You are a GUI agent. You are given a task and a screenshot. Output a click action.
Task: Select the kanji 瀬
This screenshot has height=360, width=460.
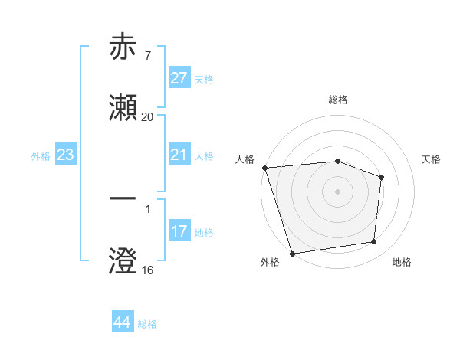(x=123, y=108)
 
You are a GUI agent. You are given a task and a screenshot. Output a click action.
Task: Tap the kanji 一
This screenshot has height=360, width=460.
(x=123, y=198)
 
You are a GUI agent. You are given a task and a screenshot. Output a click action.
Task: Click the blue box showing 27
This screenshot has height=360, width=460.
(x=179, y=79)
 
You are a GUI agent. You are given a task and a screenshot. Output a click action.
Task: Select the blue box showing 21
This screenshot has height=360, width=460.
(x=179, y=155)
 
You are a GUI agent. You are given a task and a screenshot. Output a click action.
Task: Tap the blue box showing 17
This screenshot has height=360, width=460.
(x=179, y=231)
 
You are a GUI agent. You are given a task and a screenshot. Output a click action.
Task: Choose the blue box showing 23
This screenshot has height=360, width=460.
(x=66, y=155)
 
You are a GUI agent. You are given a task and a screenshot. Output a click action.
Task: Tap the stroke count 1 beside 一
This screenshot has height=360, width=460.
(x=147, y=208)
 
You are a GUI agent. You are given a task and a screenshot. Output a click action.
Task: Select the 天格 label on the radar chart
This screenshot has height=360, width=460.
(x=431, y=159)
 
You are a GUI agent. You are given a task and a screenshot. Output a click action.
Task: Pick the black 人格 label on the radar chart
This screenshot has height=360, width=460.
(x=245, y=159)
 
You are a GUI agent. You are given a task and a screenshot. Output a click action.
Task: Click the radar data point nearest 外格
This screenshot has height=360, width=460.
(x=292, y=253)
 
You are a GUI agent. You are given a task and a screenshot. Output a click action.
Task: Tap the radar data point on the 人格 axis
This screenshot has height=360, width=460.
(x=264, y=168)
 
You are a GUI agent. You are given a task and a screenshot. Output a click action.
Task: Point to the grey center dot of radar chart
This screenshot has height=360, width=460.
(x=338, y=191)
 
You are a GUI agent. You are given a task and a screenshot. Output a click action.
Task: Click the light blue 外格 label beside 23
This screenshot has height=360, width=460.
(x=41, y=155)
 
